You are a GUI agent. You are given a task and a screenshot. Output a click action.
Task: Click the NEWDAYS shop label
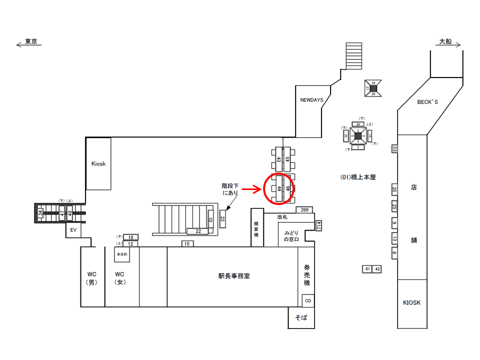click(x=311, y=100)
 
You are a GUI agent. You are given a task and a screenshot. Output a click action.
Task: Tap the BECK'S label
click(x=427, y=102)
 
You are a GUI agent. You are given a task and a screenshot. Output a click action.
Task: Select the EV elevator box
click(x=73, y=230)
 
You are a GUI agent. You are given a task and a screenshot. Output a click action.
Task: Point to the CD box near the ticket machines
click(x=308, y=300)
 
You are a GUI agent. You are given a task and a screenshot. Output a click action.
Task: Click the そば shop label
click(x=301, y=318)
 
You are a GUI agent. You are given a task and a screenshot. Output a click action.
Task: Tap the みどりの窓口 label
click(x=294, y=236)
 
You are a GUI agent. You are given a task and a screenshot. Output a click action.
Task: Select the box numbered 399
click(x=304, y=209)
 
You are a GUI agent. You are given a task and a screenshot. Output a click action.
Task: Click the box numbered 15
click(x=187, y=243)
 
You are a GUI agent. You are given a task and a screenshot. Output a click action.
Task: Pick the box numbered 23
click(x=222, y=218)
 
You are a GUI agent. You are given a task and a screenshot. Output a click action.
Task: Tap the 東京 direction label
click(x=31, y=42)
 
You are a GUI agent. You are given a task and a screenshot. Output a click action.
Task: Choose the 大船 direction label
click(x=445, y=42)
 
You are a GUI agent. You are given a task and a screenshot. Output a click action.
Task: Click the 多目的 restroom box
click(x=122, y=254)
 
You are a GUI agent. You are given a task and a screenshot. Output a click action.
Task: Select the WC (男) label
click(x=93, y=278)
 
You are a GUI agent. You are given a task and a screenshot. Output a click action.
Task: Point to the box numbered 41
click(x=367, y=269)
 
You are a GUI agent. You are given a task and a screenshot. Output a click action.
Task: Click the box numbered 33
click(x=394, y=149)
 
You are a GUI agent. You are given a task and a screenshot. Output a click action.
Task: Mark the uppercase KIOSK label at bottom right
click(x=412, y=302)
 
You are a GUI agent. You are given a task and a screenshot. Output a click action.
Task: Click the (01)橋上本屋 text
click(x=357, y=177)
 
